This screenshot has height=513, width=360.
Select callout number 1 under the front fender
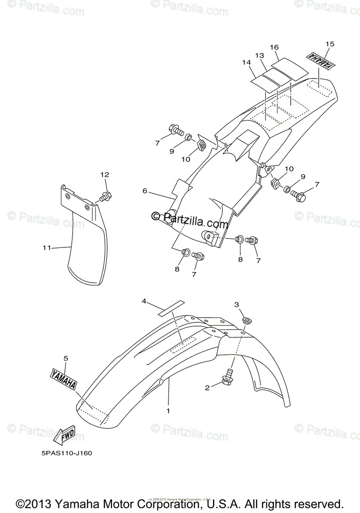(x=168, y=411)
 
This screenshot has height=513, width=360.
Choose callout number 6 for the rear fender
(x=145, y=191)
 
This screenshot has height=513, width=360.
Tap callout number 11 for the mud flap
(x=47, y=248)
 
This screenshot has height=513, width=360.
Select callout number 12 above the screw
(x=105, y=174)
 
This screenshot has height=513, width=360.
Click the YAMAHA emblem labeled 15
(x=320, y=61)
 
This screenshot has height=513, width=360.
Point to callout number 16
(x=274, y=47)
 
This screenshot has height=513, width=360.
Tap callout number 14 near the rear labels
(x=246, y=62)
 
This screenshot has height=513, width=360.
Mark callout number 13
(x=260, y=56)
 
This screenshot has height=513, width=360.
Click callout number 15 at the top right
(x=330, y=44)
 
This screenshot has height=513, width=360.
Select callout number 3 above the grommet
(x=236, y=304)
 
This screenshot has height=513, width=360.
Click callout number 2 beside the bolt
(x=207, y=388)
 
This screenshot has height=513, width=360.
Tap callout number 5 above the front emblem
(x=66, y=358)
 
